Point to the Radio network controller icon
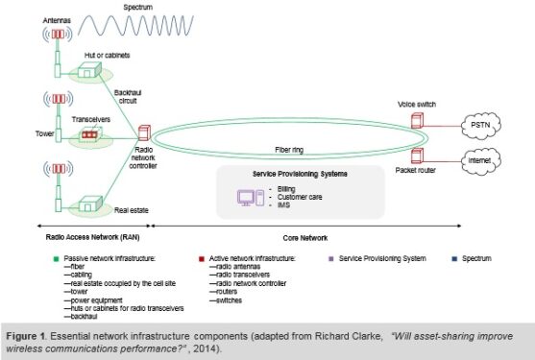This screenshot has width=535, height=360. pos(145,134)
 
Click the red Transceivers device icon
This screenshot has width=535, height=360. pos(89,134)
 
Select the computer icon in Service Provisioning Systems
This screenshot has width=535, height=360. pos(250,200)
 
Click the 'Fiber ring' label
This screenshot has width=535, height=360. pos(291,151)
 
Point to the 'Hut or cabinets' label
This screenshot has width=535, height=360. pos(106,56)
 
